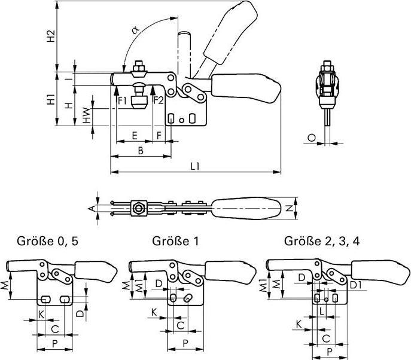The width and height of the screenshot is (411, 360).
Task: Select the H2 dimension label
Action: coord(51,36)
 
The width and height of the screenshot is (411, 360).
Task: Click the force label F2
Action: coord(159,100)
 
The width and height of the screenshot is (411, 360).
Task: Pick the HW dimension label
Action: coord(87,115)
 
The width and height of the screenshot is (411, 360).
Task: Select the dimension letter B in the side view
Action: coord(140,151)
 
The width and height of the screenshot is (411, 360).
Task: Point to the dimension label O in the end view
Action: coord(311,138)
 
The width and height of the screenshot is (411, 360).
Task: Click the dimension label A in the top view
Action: coord(90,208)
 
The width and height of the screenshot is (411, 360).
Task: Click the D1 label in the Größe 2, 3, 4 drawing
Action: coord(354,286)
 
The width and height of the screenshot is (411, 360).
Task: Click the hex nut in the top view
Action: coord(139,209)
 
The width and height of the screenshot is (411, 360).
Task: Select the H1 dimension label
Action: coord(51,99)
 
